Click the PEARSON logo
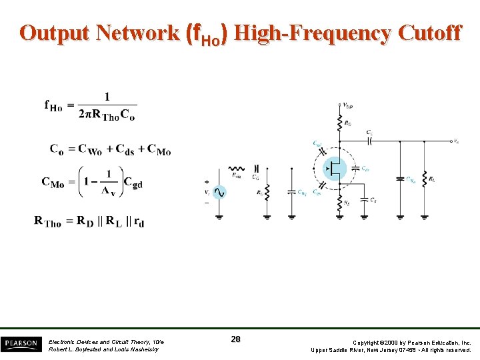tap(20, 343)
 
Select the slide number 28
tap(235, 340)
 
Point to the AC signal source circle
tap(219, 192)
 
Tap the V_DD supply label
tap(348, 105)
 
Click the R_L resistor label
tap(433, 179)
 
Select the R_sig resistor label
tap(237, 176)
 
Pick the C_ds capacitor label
tap(365, 169)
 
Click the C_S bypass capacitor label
tap(373, 200)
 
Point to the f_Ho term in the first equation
tap(54, 105)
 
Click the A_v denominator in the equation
tap(108, 192)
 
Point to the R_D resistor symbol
tap(340, 123)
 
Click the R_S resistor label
tap(347, 202)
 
